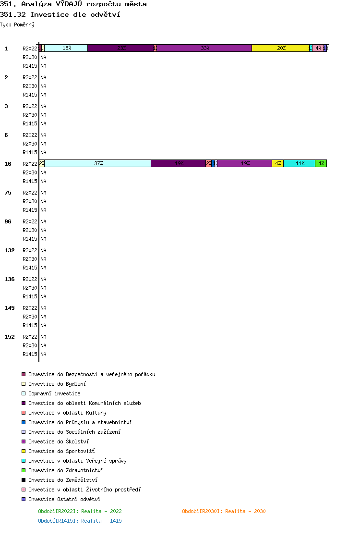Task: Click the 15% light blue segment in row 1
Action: (x=66, y=48)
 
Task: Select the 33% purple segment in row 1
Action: (x=204, y=48)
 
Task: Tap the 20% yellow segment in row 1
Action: (x=281, y=48)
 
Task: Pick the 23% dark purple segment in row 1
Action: (x=120, y=48)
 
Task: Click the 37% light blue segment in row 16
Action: (x=98, y=163)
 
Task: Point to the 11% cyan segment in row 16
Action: (x=300, y=163)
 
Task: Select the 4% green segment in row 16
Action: (x=321, y=163)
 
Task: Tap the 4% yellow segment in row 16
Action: (x=278, y=163)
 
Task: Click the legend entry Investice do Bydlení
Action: (x=57, y=384)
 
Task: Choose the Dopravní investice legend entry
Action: (x=54, y=393)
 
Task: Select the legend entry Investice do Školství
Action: (x=59, y=441)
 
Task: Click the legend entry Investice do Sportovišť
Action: (x=61, y=451)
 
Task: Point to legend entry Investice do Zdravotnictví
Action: (x=66, y=470)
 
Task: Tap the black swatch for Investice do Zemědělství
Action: (x=24, y=480)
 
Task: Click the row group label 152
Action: (x=10, y=337)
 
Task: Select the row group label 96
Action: (x=8, y=221)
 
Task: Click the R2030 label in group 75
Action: (x=30, y=201)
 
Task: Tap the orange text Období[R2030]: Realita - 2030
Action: (x=224, y=511)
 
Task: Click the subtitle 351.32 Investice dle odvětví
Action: (x=60, y=14)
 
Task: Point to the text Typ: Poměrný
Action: (x=17, y=24)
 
